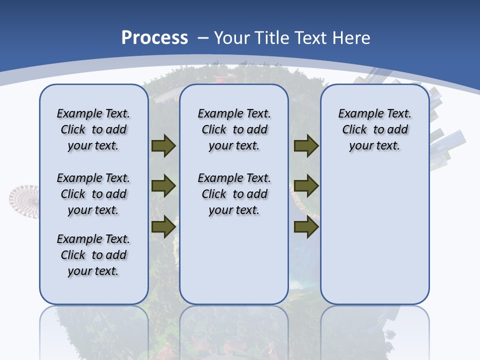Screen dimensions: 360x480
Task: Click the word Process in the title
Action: [154, 38]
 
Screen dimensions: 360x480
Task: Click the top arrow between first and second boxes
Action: [163, 146]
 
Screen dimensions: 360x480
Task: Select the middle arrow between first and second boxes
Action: [163, 186]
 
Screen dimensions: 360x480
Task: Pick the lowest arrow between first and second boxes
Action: [163, 226]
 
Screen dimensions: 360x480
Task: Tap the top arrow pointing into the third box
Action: [306, 146]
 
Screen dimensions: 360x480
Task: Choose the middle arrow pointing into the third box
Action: [306, 186]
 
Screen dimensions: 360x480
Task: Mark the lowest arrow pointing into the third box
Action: [306, 226]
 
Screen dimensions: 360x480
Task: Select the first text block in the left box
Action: [93, 129]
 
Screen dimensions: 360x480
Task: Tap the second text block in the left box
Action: [93, 194]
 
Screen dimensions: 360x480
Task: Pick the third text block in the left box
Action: [93, 255]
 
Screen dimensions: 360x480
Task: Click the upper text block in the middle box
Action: [234, 129]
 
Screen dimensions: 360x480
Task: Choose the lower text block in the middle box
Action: [234, 194]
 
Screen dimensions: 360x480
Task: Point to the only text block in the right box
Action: [374, 129]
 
